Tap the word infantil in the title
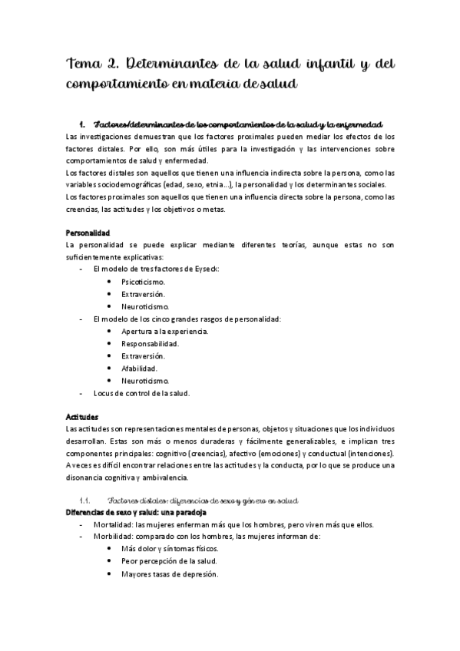[351, 63]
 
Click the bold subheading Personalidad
[89, 233]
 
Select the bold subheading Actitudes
[83, 417]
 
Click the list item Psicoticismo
[144, 282]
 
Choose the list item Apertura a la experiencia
[164, 331]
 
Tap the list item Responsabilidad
[151, 343]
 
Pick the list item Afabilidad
[139, 368]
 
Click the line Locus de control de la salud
[141, 393]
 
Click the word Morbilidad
[112, 537]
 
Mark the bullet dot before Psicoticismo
[111, 282]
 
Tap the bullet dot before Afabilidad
[111, 368]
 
